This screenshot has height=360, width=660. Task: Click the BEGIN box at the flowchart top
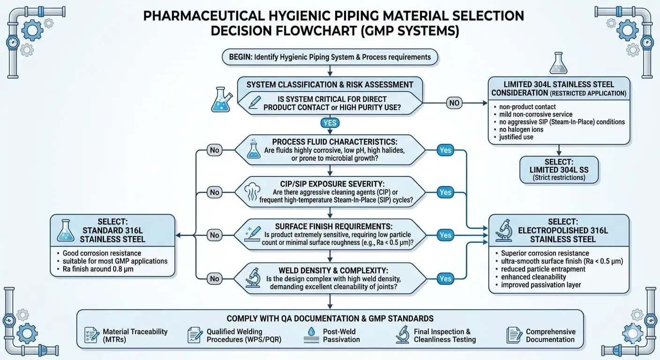click(330, 57)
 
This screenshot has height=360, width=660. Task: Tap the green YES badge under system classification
click(330, 123)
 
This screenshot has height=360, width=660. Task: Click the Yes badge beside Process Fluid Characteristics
click(445, 150)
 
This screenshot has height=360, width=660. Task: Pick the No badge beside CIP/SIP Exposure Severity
click(214, 192)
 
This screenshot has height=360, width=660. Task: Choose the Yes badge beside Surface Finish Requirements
click(445, 235)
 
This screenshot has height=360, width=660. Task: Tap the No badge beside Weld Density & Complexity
click(214, 278)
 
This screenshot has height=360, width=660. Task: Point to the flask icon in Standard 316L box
click(65, 231)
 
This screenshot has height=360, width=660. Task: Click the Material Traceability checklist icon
click(90, 335)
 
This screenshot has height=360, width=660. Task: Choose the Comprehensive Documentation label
click(550, 335)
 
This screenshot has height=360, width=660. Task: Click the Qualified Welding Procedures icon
click(195, 335)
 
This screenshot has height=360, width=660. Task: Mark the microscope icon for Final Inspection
click(402, 335)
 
